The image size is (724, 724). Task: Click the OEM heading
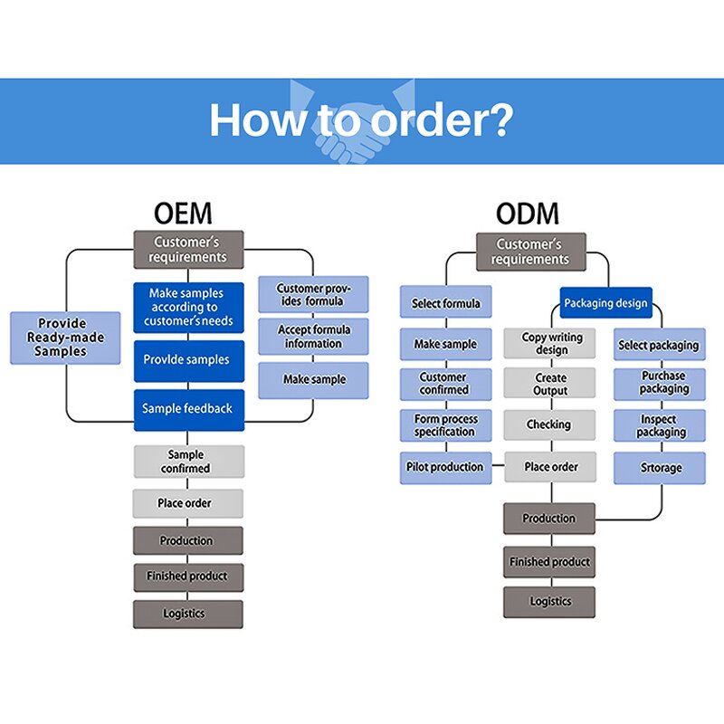[183, 214]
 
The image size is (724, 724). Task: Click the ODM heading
[527, 214]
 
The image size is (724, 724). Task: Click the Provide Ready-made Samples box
[64, 338]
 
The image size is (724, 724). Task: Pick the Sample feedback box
[188, 409]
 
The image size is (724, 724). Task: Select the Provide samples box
[188, 360]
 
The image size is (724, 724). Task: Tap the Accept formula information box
[313, 337]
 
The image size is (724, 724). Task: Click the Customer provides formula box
[313, 295]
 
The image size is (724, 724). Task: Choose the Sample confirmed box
[188, 462]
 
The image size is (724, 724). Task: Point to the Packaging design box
[605, 303]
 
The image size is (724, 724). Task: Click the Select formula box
[446, 303]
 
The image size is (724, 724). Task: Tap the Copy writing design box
[550, 344]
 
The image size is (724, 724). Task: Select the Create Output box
[550, 384]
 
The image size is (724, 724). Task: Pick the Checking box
[550, 424]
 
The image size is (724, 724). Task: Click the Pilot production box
[446, 467]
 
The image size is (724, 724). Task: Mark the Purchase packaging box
[659, 383]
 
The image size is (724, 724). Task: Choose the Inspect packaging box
[659, 425]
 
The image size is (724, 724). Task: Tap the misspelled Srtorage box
[659, 468]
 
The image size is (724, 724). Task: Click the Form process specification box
[446, 425]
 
